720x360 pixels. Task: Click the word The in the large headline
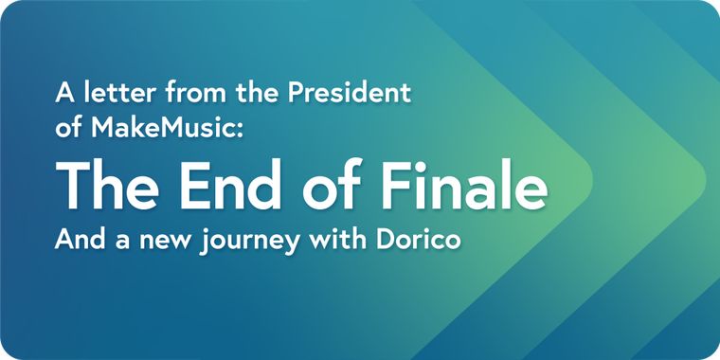pyautogui.click(x=106, y=185)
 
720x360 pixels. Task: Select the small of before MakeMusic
pyautogui.click(x=70, y=130)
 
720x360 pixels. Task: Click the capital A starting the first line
pyautogui.click(x=64, y=94)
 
